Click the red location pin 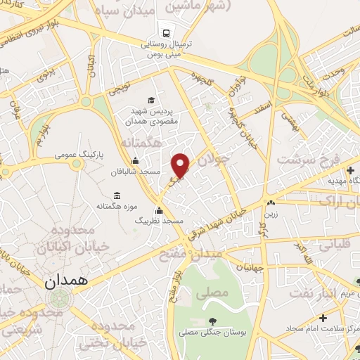click(181, 165)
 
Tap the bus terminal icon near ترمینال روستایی click(166, 32)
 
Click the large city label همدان click(68, 283)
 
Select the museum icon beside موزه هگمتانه click(116, 194)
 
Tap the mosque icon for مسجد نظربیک click(160, 210)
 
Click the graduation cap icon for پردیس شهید click(152, 101)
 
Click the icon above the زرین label click(270, 202)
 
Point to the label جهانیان click(251, 267)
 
